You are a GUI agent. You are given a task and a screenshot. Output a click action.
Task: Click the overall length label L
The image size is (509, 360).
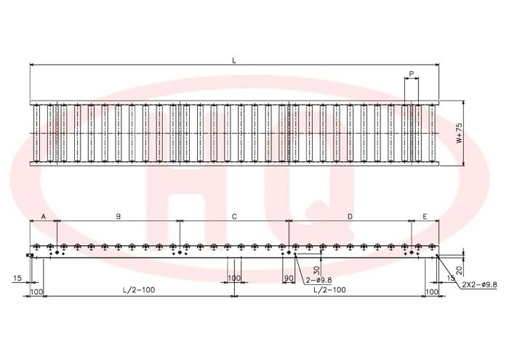point(234,60)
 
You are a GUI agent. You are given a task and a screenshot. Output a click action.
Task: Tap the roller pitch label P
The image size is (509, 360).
point(412,73)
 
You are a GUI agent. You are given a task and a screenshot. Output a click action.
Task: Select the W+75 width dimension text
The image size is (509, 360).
point(459,133)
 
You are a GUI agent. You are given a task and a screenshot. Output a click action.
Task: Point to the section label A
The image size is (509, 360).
point(44,216)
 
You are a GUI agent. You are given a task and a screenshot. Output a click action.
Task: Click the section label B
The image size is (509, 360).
point(119,216)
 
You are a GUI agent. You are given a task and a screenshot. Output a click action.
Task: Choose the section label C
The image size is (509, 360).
point(234,216)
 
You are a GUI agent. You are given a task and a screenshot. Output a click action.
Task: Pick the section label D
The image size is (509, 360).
point(350,216)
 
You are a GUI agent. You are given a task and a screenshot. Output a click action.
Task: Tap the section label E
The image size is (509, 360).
point(425,216)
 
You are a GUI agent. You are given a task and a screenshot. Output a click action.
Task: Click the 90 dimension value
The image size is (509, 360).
point(289,279)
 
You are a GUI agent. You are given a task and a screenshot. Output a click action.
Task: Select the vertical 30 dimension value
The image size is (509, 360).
point(317,269)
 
